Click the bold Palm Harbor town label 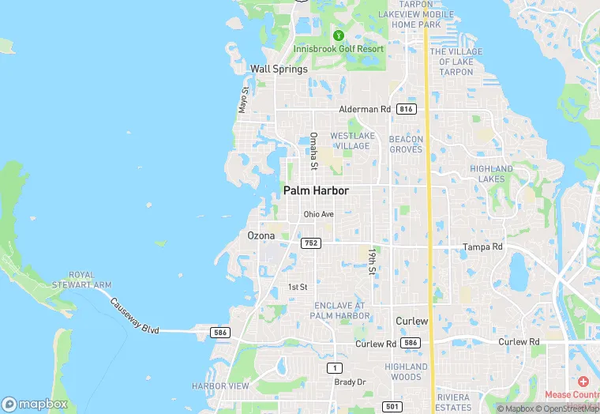pos(316,191)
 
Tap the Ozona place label pos(261,235)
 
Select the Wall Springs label pos(279,69)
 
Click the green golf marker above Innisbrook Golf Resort pos(339,36)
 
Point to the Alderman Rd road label pos(365,109)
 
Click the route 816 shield pos(407,109)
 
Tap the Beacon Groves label pos(407,144)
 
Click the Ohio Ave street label pos(319,214)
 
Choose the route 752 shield pos(310,243)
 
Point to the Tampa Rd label pos(482,247)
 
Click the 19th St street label pos(371,262)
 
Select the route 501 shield pos(392,406)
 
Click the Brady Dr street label pos(351,382)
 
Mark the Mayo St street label pos(244,100)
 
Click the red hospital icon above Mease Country pos(583,380)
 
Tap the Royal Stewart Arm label pos(90,280)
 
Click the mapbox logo pos(35,404)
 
